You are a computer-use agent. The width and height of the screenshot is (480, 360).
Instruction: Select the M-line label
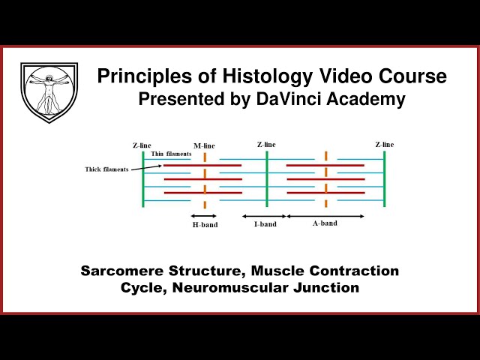pos(204,146)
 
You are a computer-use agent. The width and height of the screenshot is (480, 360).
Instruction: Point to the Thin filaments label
pos(171,154)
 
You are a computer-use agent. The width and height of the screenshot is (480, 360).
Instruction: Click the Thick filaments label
pos(106,169)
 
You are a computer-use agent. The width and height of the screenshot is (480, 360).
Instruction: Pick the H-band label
pos(204,224)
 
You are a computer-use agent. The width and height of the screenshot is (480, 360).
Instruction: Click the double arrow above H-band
pos(204,216)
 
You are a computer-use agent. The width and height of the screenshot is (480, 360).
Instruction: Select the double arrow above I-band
pos(263,216)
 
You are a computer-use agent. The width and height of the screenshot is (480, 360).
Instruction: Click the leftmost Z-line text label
pos(142,145)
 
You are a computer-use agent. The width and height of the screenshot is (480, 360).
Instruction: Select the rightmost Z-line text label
pos(384,144)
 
